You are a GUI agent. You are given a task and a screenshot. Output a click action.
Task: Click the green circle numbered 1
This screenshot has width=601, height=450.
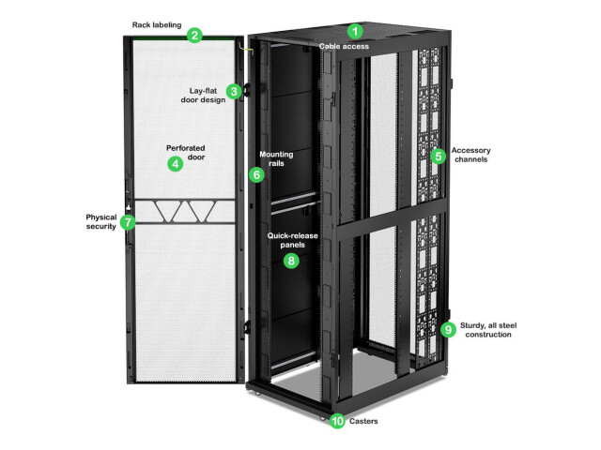point(354,31)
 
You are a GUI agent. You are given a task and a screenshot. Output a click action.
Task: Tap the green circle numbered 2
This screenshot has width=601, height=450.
point(194,36)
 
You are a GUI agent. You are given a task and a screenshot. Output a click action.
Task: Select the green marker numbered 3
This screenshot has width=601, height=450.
point(235,91)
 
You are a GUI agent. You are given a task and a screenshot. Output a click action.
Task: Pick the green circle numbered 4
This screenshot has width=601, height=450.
point(175,163)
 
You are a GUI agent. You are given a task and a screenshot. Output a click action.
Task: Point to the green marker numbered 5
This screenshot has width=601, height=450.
point(438,157)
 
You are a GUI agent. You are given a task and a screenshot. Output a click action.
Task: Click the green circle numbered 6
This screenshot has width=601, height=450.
point(256,174)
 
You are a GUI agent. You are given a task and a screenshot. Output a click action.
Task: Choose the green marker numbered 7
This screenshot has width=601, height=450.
point(129,222)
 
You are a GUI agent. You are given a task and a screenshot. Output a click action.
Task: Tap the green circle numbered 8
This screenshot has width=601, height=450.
point(291,261)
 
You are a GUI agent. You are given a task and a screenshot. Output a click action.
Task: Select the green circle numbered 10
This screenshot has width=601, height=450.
point(337,422)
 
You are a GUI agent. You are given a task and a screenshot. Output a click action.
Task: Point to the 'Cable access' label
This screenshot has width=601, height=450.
point(344,46)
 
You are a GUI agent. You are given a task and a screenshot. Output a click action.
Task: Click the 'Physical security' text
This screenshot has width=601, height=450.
point(98,221)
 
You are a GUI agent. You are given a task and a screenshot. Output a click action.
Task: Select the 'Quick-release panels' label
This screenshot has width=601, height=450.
point(292,240)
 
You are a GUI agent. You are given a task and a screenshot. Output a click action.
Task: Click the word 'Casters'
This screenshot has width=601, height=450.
point(366,422)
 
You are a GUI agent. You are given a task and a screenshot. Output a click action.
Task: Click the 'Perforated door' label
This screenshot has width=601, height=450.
point(185,152)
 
